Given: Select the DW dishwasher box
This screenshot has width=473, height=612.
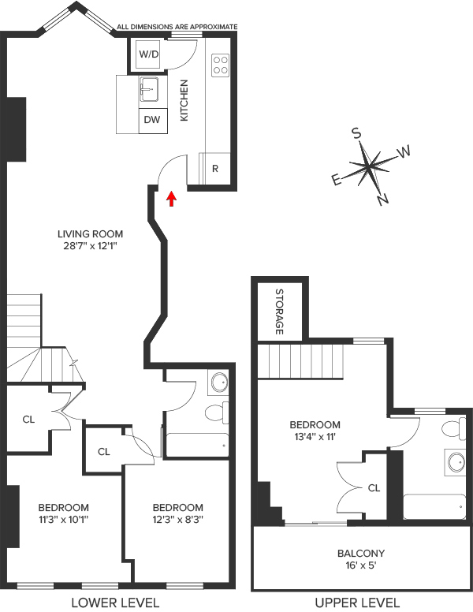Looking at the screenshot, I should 152,120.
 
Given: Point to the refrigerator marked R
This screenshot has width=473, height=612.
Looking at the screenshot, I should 215,169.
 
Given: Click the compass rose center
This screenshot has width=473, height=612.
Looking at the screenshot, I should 370,167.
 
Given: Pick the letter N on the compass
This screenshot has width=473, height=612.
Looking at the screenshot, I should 383,200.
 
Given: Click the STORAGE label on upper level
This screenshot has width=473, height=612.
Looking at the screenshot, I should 279,312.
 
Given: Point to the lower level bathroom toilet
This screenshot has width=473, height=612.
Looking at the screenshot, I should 214,412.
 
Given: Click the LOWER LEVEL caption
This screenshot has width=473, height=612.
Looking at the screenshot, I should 115,603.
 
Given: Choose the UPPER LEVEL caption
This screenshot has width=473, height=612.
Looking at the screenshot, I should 357,603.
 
